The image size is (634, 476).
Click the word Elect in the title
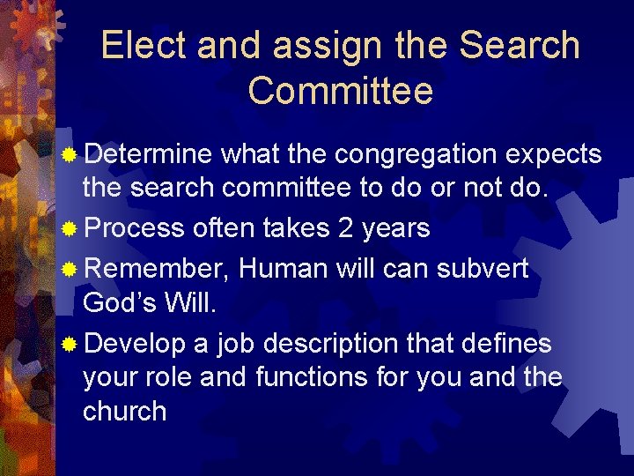point(144,46)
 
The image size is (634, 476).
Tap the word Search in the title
point(520,46)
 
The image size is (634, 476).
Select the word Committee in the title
point(341,91)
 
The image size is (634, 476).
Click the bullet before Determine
point(70,156)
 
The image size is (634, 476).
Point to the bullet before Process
point(70,229)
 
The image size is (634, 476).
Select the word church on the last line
point(124,412)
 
